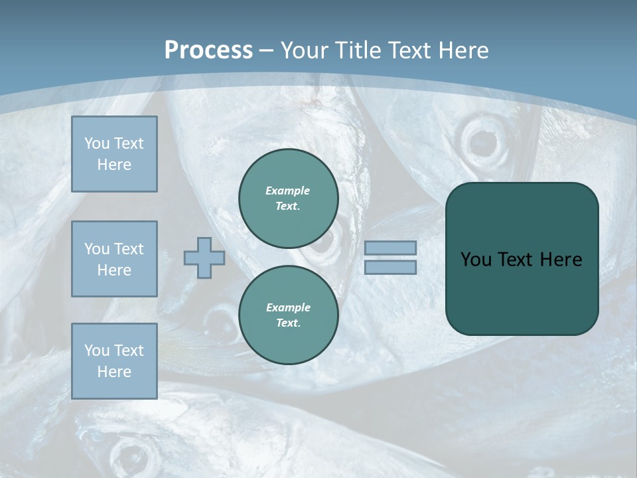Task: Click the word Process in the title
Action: [208, 50]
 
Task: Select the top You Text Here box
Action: [114, 154]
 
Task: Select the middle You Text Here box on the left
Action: [114, 259]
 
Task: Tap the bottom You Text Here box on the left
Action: [114, 360]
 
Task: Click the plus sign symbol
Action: [204, 258]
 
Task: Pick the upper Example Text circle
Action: [288, 199]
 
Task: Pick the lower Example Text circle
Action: [288, 315]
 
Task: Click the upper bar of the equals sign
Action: [390, 248]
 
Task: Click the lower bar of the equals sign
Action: [390, 268]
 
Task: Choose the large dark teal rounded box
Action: [522, 292]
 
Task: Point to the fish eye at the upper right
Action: [481, 140]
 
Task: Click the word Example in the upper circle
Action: [288, 191]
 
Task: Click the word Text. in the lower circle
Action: [288, 323]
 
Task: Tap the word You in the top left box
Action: [97, 143]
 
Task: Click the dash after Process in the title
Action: [266, 50]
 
